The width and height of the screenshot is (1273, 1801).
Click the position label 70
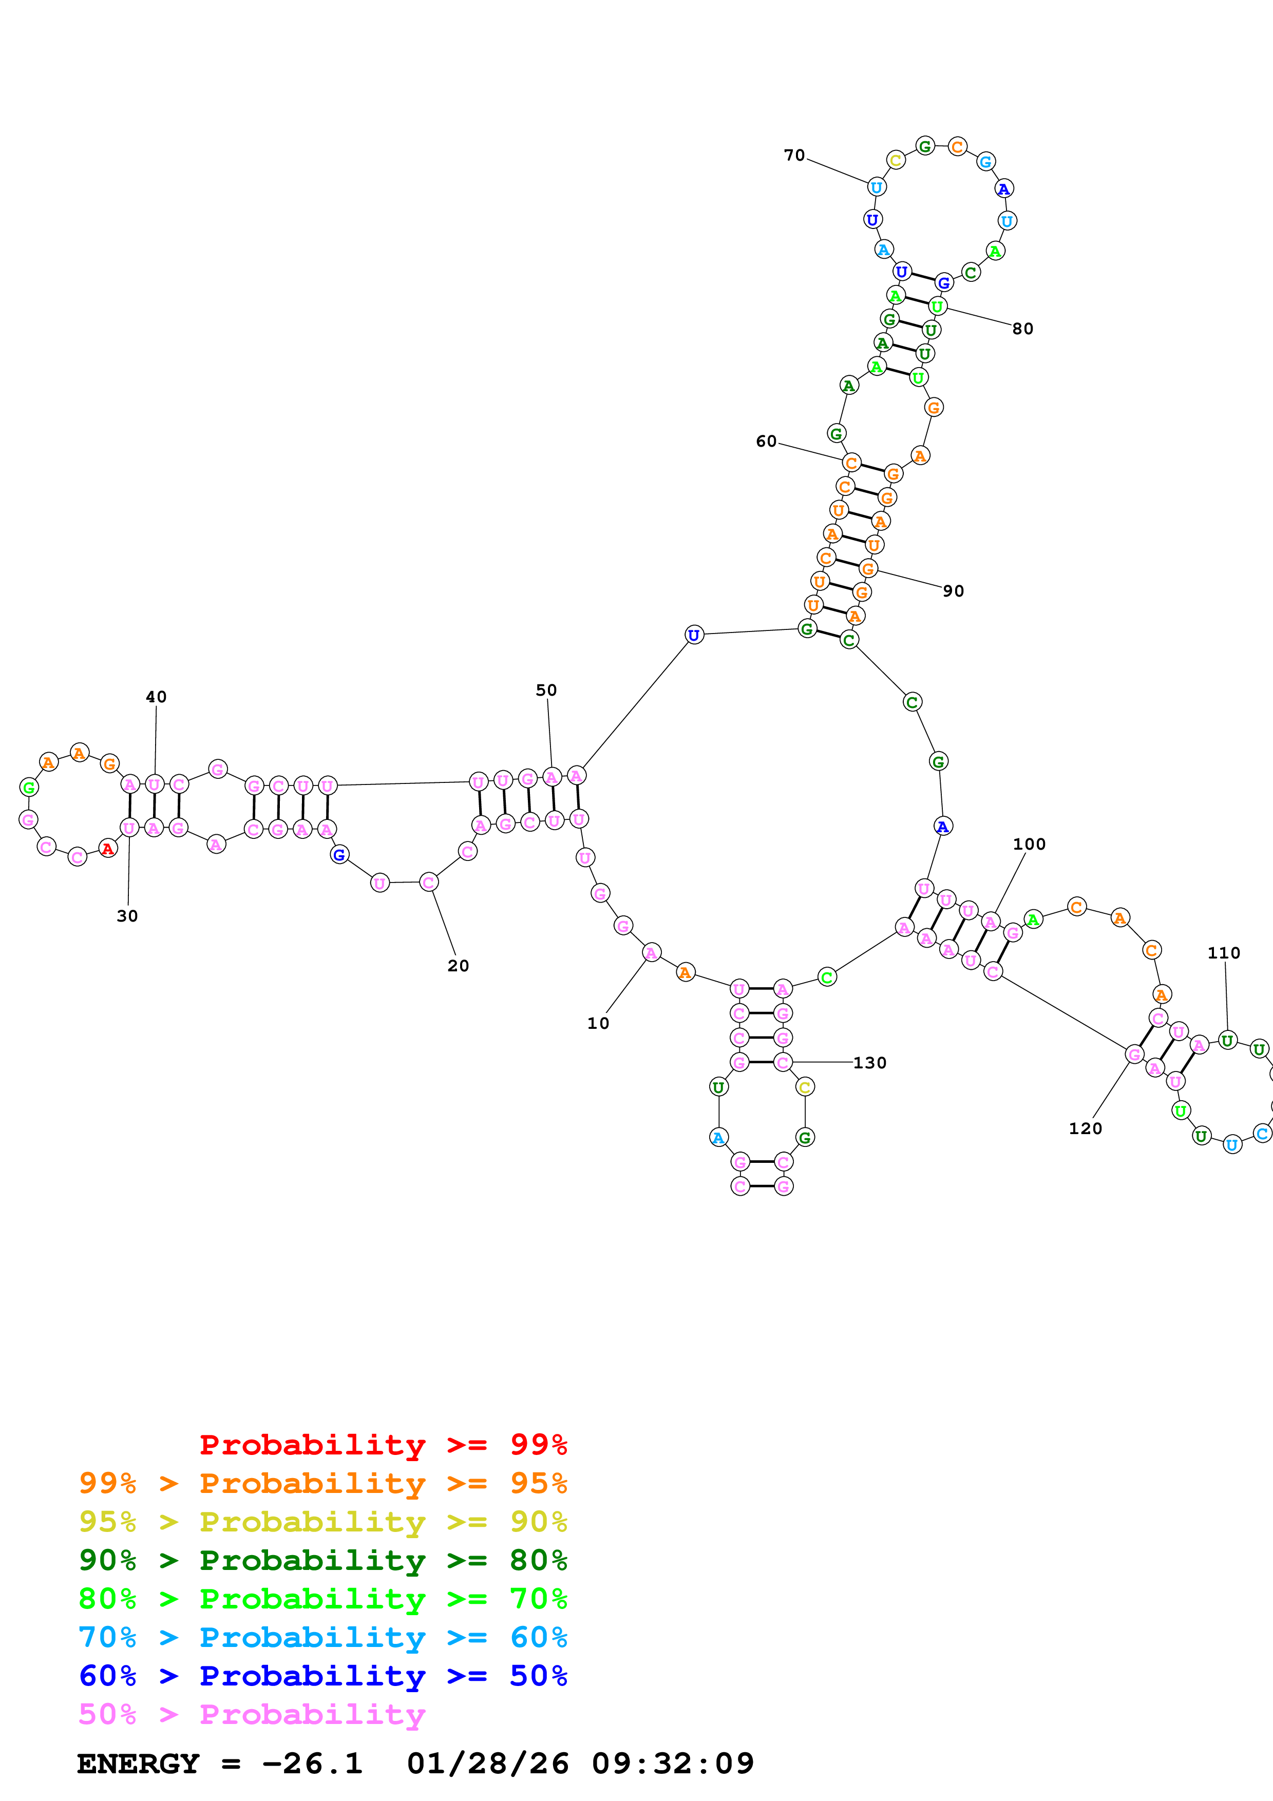click(x=794, y=156)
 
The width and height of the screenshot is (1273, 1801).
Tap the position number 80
click(x=1023, y=329)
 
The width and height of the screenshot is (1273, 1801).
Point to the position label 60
click(x=766, y=442)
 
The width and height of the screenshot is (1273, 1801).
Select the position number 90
click(x=954, y=590)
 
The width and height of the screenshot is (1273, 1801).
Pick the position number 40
click(x=156, y=697)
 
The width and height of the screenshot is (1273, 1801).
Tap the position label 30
click(x=127, y=916)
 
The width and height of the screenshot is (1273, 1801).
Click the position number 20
click(x=458, y=966)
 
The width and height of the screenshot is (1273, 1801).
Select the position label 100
click(x=1029, y=844)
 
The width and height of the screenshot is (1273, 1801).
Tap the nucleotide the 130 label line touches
click(x=783, y=1062)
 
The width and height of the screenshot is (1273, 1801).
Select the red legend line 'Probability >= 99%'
click(x=383, y=1445)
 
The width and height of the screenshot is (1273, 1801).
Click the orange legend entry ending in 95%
click(x=322, y=1483)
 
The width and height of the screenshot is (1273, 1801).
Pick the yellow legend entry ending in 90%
click(x=322, y=1522)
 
